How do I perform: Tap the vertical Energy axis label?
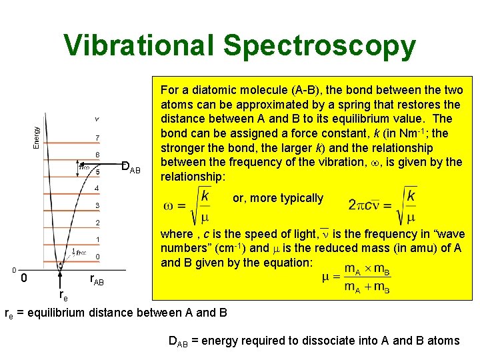click(37, 137)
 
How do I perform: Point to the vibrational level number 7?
click(97, 139)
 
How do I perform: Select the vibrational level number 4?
click(97, 188)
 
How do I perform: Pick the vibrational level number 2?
click(97, 222)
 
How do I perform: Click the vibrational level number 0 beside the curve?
click(97, 257)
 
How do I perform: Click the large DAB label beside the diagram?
click(131, 167)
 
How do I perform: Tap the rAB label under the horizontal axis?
click(96, 279)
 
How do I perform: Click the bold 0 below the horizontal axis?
click(23, 278)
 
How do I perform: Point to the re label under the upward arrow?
click(63, 294)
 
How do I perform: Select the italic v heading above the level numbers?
click(97, 119)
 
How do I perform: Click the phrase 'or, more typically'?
click(277, 198)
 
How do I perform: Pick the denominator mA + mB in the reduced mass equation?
click(367, 288)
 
